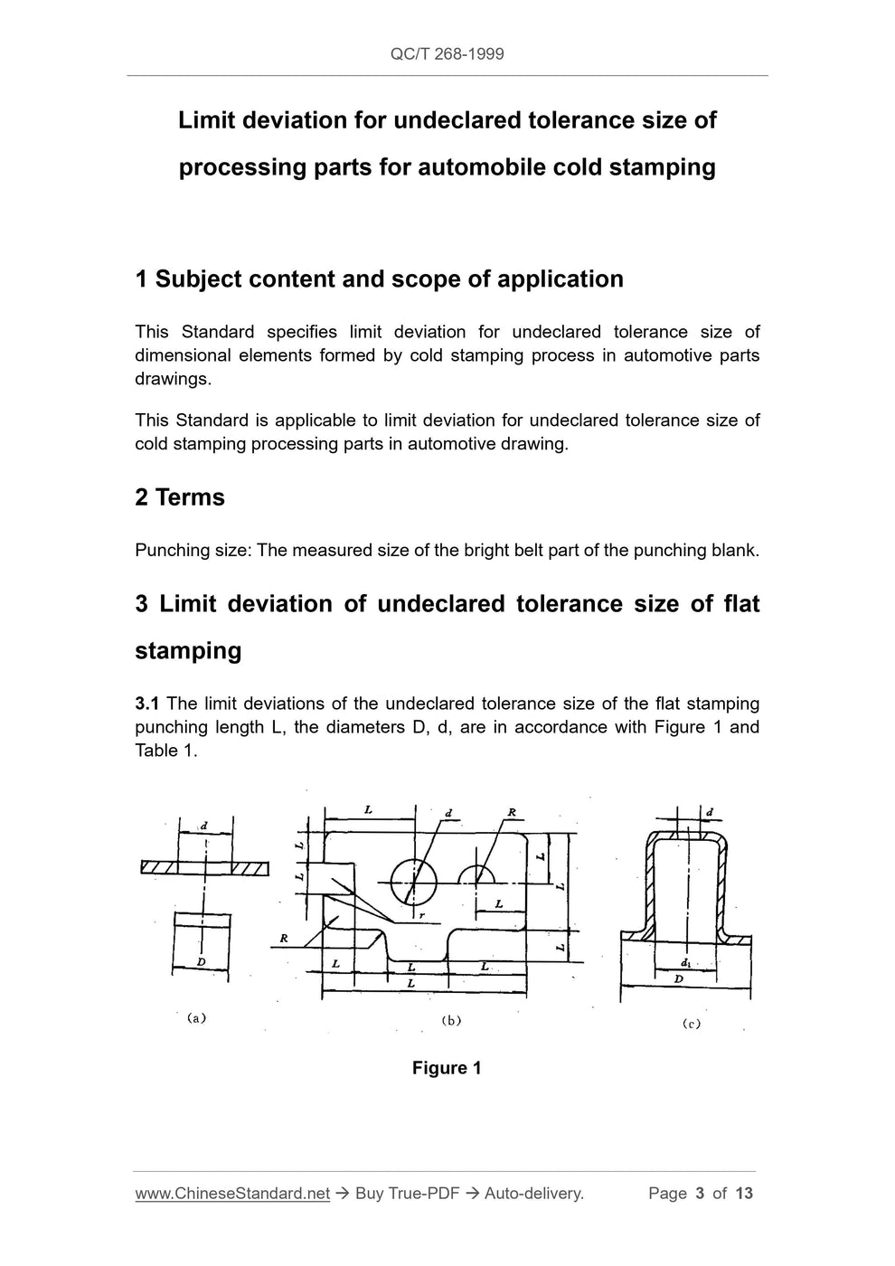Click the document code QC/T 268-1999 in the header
[447, 54]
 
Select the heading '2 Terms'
[180, 497]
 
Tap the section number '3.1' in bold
[147, 704]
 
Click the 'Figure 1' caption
[447, 1068]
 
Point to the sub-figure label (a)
[196, 1017]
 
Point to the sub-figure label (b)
[451, 1020]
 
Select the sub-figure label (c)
[692, 1024]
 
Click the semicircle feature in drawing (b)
[476, 874]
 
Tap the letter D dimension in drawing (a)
[201, 962]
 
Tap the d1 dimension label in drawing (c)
[687, 964]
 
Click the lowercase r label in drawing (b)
[421, 915]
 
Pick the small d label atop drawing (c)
[709, 811]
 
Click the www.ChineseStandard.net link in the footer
[232, 1194]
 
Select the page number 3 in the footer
[700, 1194]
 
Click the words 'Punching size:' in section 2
[193, 550]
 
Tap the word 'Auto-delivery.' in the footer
[534, 1194]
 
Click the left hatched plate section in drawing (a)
[159, 868]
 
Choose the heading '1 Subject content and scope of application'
[379, 279]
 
